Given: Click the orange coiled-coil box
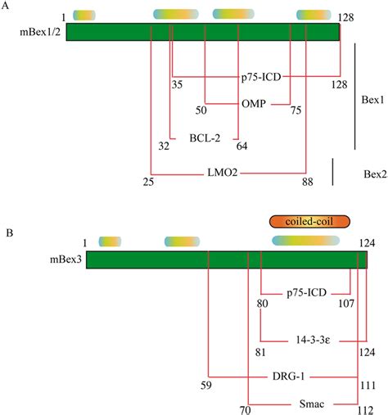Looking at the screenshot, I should (x=309, y=221).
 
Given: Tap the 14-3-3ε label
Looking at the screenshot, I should (x=311, y=339).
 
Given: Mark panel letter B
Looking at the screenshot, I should (x=8, y=232).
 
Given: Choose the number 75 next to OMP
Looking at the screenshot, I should (x=296, y=111).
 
